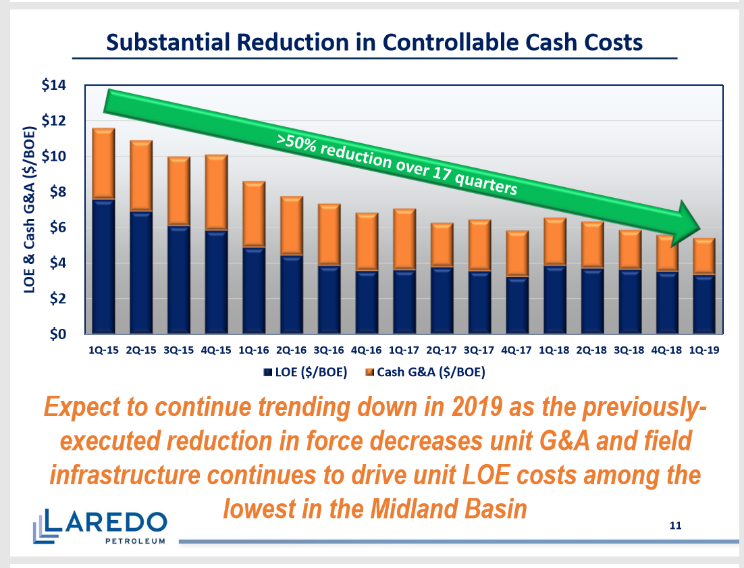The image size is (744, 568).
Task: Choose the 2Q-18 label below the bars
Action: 591,350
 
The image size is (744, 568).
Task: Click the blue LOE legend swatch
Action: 269,371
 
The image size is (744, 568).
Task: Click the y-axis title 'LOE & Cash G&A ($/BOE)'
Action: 30,209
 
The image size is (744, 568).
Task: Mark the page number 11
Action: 674,525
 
